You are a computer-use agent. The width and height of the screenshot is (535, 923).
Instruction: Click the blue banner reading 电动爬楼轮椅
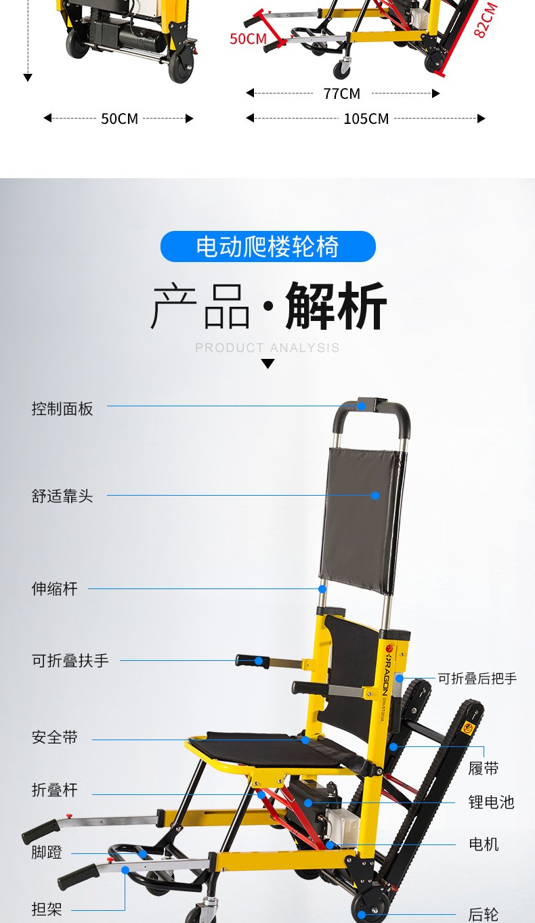tap(267, 246)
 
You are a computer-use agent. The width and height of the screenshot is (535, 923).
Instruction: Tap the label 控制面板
tap(62, 409)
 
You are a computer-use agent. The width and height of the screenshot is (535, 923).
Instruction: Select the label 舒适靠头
tap(62, 496)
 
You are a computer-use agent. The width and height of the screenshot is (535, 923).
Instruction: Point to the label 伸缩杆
tap(55, 589)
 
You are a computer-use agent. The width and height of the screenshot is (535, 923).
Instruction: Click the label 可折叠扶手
tap(70, 661)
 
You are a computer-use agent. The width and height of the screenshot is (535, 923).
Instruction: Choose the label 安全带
tap(55, 737)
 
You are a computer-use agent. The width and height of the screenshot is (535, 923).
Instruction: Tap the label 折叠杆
tap(55, 790)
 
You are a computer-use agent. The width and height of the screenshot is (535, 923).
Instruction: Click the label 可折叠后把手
tap(477, 679)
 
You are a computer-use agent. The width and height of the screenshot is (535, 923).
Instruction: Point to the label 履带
tap(484, 769)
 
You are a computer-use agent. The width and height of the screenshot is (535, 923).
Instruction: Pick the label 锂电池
tap(491, 803)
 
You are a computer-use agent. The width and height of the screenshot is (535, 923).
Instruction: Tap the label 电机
tap(484, 844)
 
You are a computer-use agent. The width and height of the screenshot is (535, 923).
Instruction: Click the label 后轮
tap(484, 915)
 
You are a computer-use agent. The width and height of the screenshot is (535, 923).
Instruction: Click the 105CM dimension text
tap(366, 119)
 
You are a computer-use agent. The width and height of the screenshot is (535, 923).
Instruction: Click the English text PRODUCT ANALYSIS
tap(267, 348)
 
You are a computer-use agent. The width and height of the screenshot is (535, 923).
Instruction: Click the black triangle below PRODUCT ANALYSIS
tap(268, 364)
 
